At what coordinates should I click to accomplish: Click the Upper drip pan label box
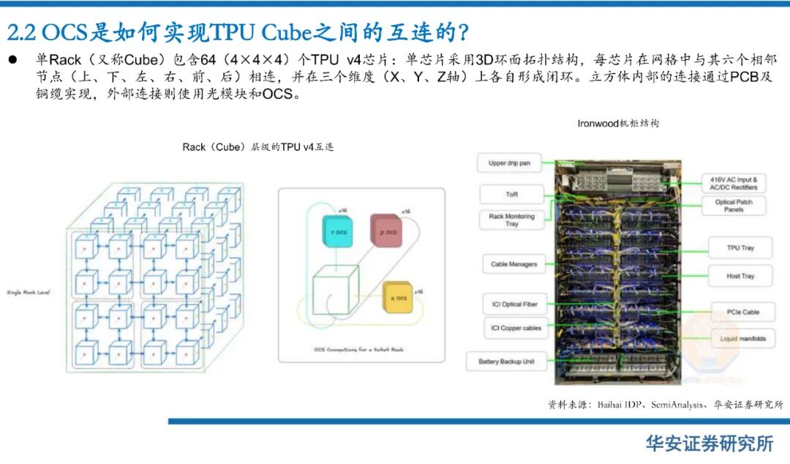pyautogui.click(x=509, y=163)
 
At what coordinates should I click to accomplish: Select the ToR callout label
pyautogui.click(x=511, y=194)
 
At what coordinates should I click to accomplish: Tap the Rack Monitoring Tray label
pyautogui.click(x=511, y=220)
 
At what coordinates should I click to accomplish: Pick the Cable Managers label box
pyautogui.click(x=513, y=264)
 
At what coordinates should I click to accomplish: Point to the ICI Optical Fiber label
pyautogui.click(x=514, y=304)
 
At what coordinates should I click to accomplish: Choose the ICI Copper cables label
pyautogui.click(x=516, y=328)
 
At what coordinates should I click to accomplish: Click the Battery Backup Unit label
pyautogui.click(x=506, y=362)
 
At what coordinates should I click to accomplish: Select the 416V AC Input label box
pyautogui.click(x=733, y=183)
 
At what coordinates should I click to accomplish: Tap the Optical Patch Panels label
pyautogui.click(x=734, y=206)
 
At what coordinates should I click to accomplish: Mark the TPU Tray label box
pyautogui.click(x=740, y=248)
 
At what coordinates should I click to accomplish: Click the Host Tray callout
pyautogui.click(x=740, y=276)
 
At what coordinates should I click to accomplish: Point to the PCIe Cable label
pyautogui.click(x=741, y=312)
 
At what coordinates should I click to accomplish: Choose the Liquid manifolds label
pyautogui.click(x=742, y=339)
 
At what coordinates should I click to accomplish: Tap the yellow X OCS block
pyautogui.click(x=399, y=298)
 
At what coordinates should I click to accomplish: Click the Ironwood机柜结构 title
pyautogui.click(x=617, y=124)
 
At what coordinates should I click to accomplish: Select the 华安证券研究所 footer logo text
pyautogui.click(x=709, y=444)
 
